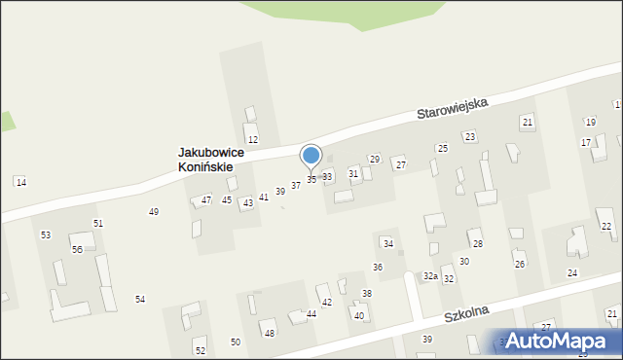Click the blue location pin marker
click(x=311, y=157)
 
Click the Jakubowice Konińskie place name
click(x=211, y=160)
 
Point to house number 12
click(x=252, y=141)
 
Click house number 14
click(x=21, y=183)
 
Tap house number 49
click(x=153, y=212)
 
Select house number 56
click(x=77, y=250)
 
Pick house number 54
click(x=140, y=299)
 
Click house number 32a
click(x=429, y=276)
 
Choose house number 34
click(x=387, y=243)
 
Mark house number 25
click(x=442, y=148)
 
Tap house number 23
click(x=469, y=136)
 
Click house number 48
click(x=270, y=334)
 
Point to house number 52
click(x=200, y=350)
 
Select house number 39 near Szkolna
click(x=426, y=339)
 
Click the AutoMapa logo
click(x=561, y=341)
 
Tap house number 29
click(x=374, y=159)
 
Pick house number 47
click(x=206, y=199)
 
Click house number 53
click(x=46, y=235)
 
